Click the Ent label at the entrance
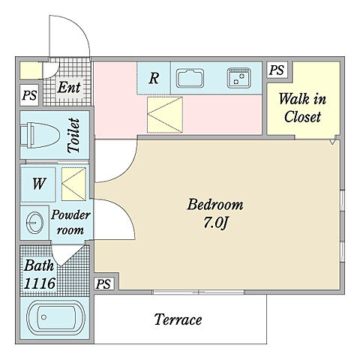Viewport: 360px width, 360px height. coord(69,88)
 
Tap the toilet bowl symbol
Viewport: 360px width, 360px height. coord(40,135)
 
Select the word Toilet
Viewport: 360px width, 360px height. coord(74,135)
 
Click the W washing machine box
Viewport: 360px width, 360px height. coord(38,184)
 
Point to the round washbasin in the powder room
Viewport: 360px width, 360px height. coord(35,223)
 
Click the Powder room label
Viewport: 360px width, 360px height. coord(70,222)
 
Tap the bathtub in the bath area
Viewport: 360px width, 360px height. coord(55,317)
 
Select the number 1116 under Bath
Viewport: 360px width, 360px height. coord(40,283)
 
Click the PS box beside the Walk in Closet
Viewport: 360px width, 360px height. coord(277,70)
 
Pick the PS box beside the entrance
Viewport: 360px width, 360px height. coord(29,95)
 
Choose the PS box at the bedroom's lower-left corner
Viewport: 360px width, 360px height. coord(103,283)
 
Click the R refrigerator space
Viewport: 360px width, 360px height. coord(154,78)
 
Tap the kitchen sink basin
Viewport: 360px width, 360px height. coord(190,78)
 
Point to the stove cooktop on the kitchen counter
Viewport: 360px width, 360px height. coord(239,78)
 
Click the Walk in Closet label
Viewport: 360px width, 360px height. coord(302,107)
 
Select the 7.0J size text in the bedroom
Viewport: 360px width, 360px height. coord(215,222)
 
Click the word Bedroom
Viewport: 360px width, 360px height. coord(215,205)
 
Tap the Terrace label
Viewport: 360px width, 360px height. coord(178,319)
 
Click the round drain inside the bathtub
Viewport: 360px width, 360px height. coord(44,317)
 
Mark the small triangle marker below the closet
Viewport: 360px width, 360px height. coord(332,142)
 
